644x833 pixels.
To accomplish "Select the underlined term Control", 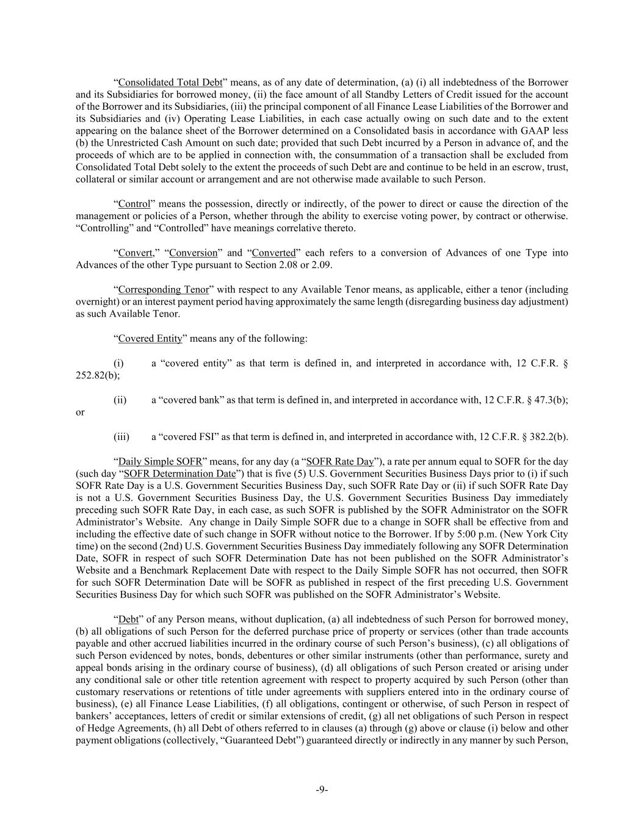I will point(134,204).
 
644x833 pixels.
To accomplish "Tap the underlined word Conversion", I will point(194,253).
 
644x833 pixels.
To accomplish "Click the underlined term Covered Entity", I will point(150,338).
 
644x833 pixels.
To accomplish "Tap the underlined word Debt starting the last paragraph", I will point(128,619).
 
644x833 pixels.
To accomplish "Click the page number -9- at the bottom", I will point(322,790).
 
